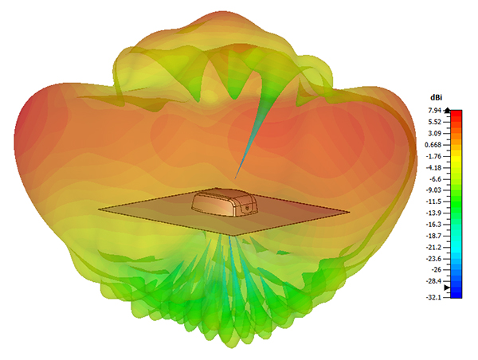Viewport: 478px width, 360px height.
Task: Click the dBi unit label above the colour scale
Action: click(436, 97)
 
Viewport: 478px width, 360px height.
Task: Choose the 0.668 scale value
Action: click(433, 145)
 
